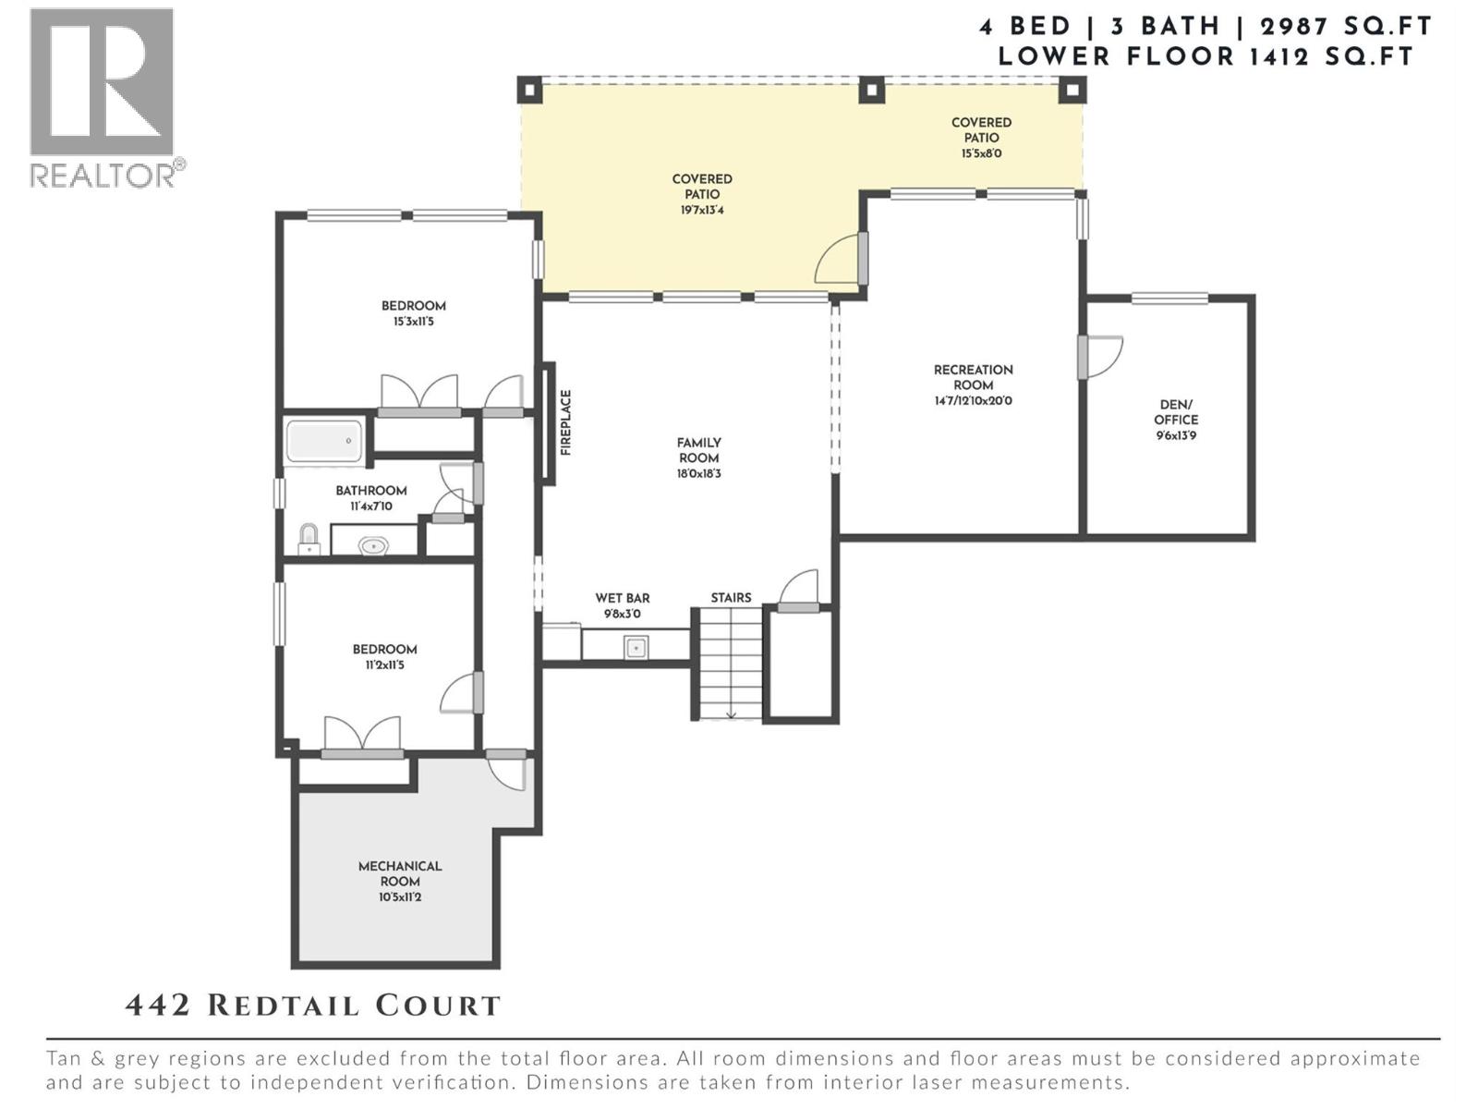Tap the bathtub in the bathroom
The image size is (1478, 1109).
[x=324, y=442]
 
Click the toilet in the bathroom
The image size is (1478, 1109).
[x=309, y=539]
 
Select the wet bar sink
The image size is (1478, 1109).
[x=636, y=648]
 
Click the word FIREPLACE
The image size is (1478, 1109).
[x=566, y=422]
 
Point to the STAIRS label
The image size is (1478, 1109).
[x=731, y=598]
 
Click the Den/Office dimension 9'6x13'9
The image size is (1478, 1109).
[x=1176, y=435]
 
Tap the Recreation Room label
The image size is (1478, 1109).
[x=973, y=377]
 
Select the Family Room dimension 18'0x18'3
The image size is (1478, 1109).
[x=698, y=474]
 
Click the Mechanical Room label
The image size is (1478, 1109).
[x=400, y=873]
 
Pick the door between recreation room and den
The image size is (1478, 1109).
[x=1099, y=356]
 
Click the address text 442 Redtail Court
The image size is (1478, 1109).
[x=312, y=1005]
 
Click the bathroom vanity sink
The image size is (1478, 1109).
[x=373, y=546]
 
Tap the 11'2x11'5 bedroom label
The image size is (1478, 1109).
[x=384, y=664]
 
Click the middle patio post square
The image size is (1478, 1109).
[x=871, y=91]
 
